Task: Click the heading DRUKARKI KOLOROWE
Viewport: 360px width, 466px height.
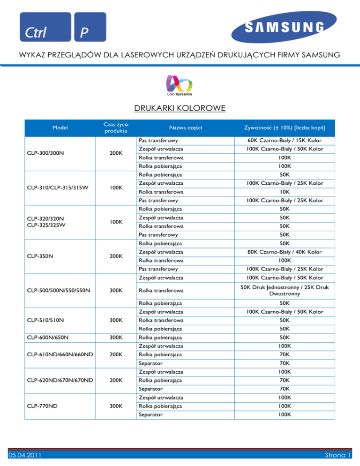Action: (x=180, y=109)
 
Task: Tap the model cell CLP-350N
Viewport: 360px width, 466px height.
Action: (x=39, y=256)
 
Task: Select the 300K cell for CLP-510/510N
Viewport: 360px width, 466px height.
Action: (x=111, y=320)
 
